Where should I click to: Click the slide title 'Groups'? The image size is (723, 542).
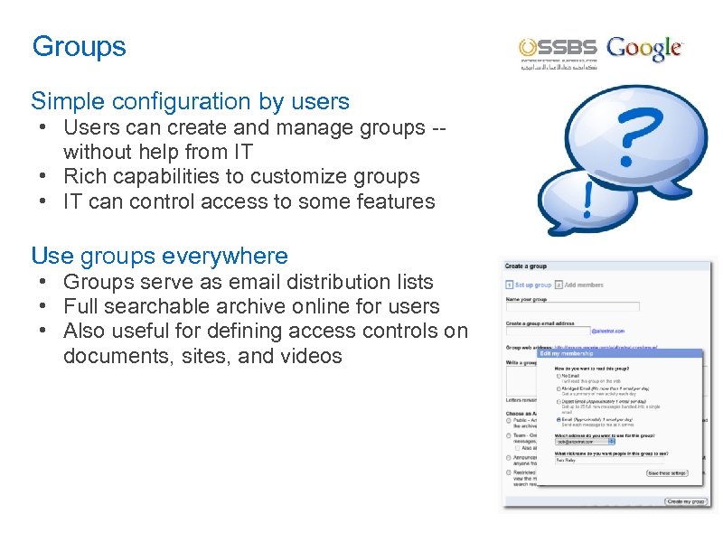coord(79,46)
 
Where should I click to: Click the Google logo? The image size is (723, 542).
coord(644,50)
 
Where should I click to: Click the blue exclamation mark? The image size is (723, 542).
coord(588,198)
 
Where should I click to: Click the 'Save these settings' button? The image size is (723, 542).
coord(665,472)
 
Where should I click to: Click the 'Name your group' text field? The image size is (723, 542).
coord(572,307)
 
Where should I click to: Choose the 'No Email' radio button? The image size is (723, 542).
coord(559,375)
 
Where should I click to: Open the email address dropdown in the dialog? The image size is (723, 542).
coord(611,441)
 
